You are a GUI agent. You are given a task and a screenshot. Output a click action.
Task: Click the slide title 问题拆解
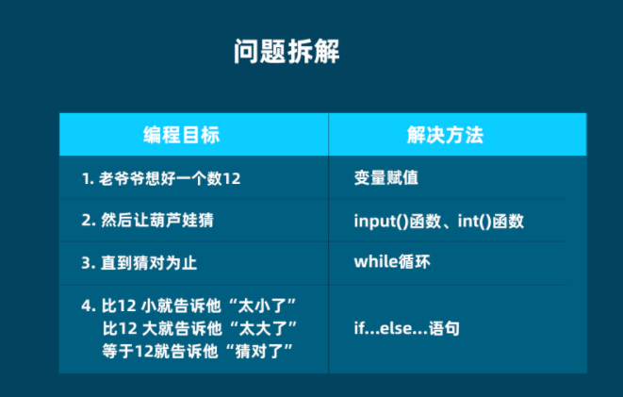[x=287, y=53]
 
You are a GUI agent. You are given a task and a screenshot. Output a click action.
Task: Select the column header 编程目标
[x=181, y=134]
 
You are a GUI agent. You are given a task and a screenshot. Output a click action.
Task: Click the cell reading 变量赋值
[x=385, y=179]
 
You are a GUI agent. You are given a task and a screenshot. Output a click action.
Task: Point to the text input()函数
[x=395, y=221]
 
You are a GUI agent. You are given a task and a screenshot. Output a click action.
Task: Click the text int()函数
[x=490, y=221]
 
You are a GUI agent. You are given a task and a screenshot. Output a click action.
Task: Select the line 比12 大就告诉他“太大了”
[x=200, y=328]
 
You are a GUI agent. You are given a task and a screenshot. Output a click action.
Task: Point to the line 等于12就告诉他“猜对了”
[x=200, y=351]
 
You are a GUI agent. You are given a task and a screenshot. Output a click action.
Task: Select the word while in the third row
[x=373, y=263]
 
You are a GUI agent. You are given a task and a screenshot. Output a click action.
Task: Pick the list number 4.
[x=87, y=306]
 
